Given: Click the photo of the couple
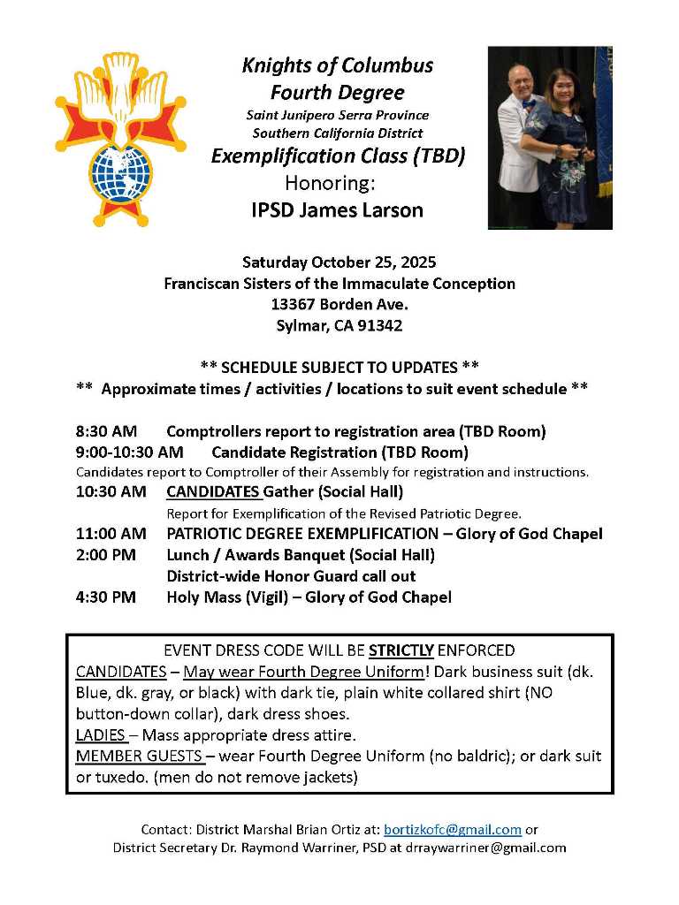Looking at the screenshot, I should [549, 138].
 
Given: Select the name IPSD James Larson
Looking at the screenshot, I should [338, 210].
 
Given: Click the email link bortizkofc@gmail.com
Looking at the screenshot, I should [452, 830].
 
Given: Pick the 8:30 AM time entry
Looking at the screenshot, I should [106, 431].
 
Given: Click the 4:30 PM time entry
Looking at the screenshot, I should [106, 597].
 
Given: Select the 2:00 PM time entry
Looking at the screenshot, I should [106, 555].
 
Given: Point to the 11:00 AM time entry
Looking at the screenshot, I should [111, 534].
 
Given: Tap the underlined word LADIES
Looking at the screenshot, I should [100, 735].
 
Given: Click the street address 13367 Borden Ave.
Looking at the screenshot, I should [339, 304].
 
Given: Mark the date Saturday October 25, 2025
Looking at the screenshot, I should [339, 262].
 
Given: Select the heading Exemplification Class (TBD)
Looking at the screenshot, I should [338, 157].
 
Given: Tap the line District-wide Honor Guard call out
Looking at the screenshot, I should [291, 576].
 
